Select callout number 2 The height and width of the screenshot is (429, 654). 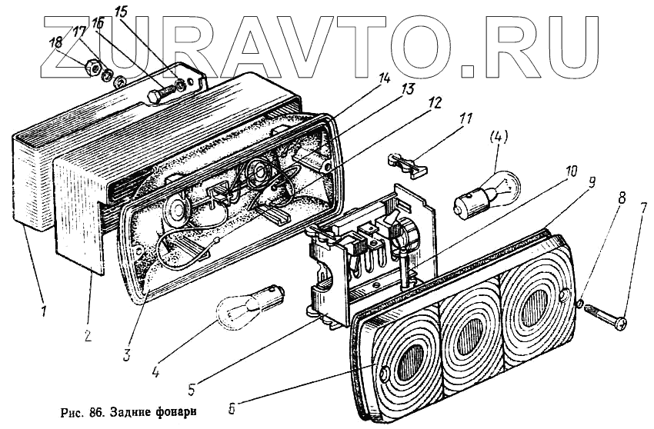point(88,337)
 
